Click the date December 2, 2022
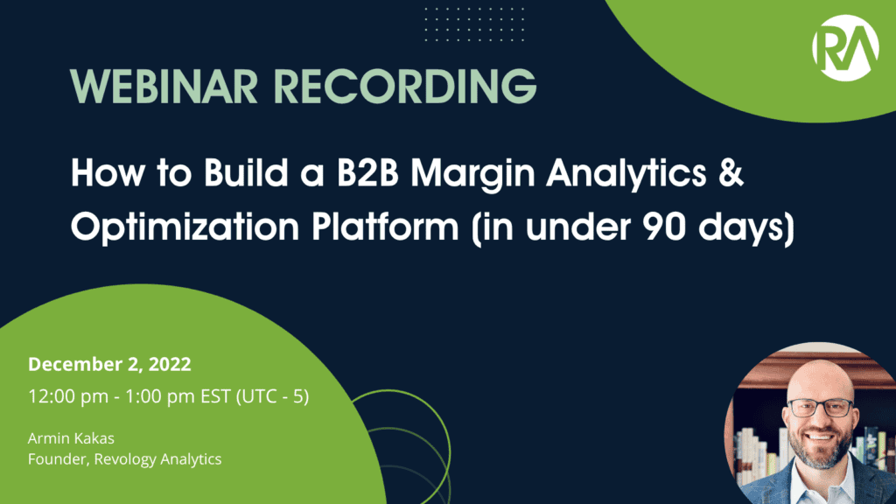[x=109, y=363]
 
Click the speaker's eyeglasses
[x=819, y=408]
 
